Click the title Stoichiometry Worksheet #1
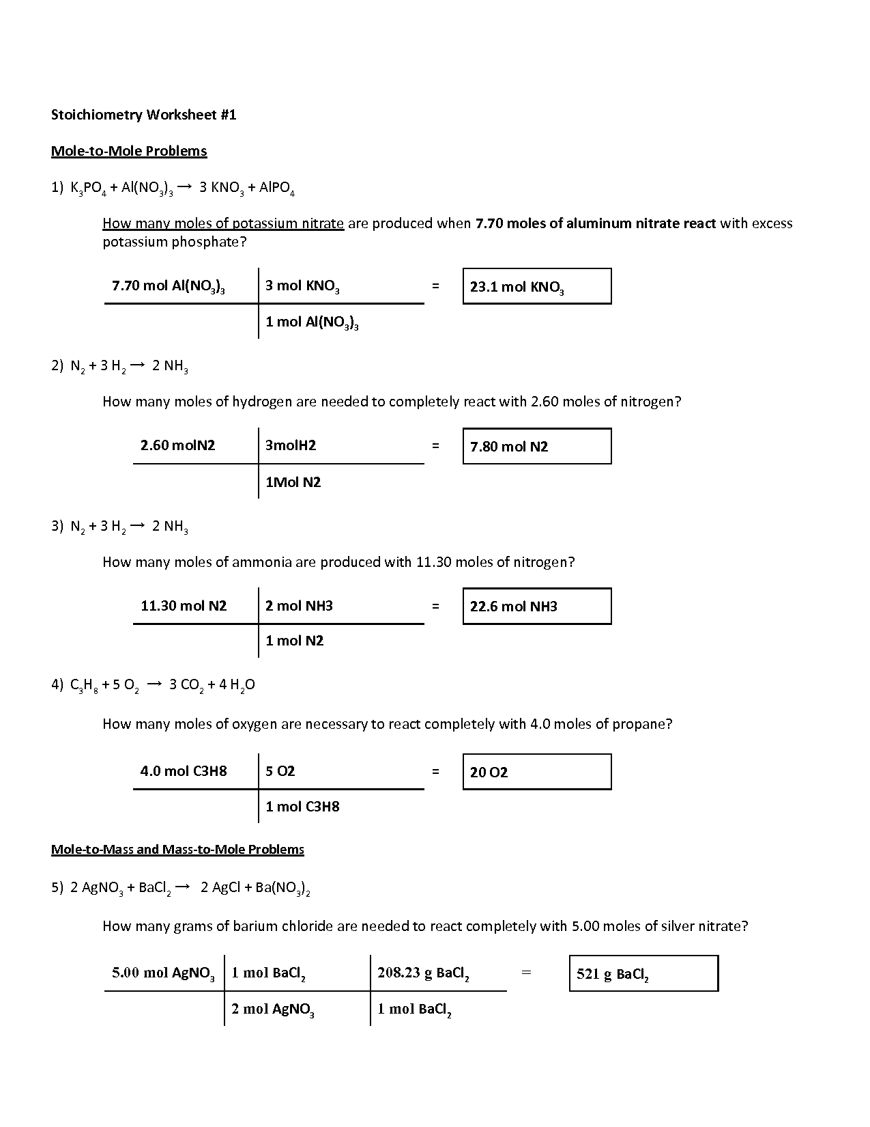pos(143,115)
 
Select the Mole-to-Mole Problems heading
pos(129,151)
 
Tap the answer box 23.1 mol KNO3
pos(537,286)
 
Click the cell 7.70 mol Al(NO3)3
pos(169,286)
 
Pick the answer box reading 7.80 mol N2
pos(537,446)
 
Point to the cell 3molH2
pos(291,445)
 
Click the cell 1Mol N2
pos(293,482)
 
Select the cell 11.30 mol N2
pos(184,606)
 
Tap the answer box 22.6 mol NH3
pos(537,606)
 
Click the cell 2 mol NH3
pos(299,606)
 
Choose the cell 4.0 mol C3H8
pos(184,771)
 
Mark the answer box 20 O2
pos(537,772)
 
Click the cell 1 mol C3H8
pos(302,807)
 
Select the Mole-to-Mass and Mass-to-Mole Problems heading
pos(177,850)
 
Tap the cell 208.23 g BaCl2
pos(423,973)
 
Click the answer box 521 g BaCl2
pos(643,974)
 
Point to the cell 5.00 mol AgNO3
pos(164,973)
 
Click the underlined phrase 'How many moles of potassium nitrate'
pos(223,223)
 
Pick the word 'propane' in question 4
pos(643,724)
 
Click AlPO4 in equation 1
pos(277,189)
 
